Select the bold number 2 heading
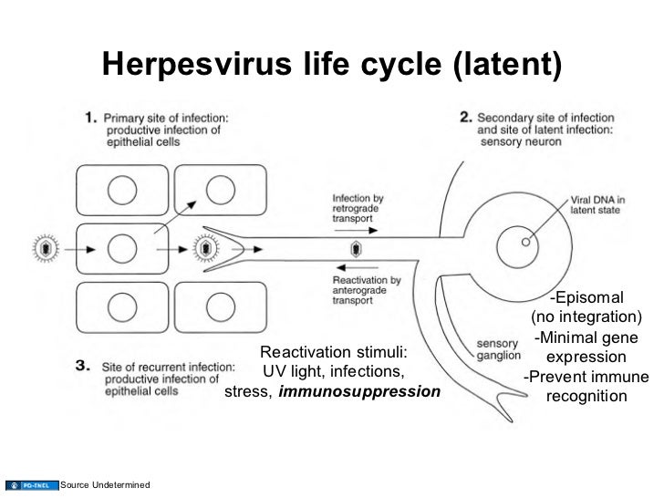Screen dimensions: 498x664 [x=464, y=117]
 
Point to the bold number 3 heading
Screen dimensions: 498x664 [x=82, y=365]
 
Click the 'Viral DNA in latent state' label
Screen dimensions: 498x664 [x=600, y=202]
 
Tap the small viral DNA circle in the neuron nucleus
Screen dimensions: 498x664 [x=525, y=244]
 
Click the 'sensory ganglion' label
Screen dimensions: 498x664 [x=498, y=349]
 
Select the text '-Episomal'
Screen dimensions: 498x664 [x=586, y=298]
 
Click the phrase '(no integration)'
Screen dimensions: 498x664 [x=586, y=317]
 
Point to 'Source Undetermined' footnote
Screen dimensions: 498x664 [x=105, y=483]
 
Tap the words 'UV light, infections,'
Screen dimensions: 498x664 [x=334, y=372]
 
